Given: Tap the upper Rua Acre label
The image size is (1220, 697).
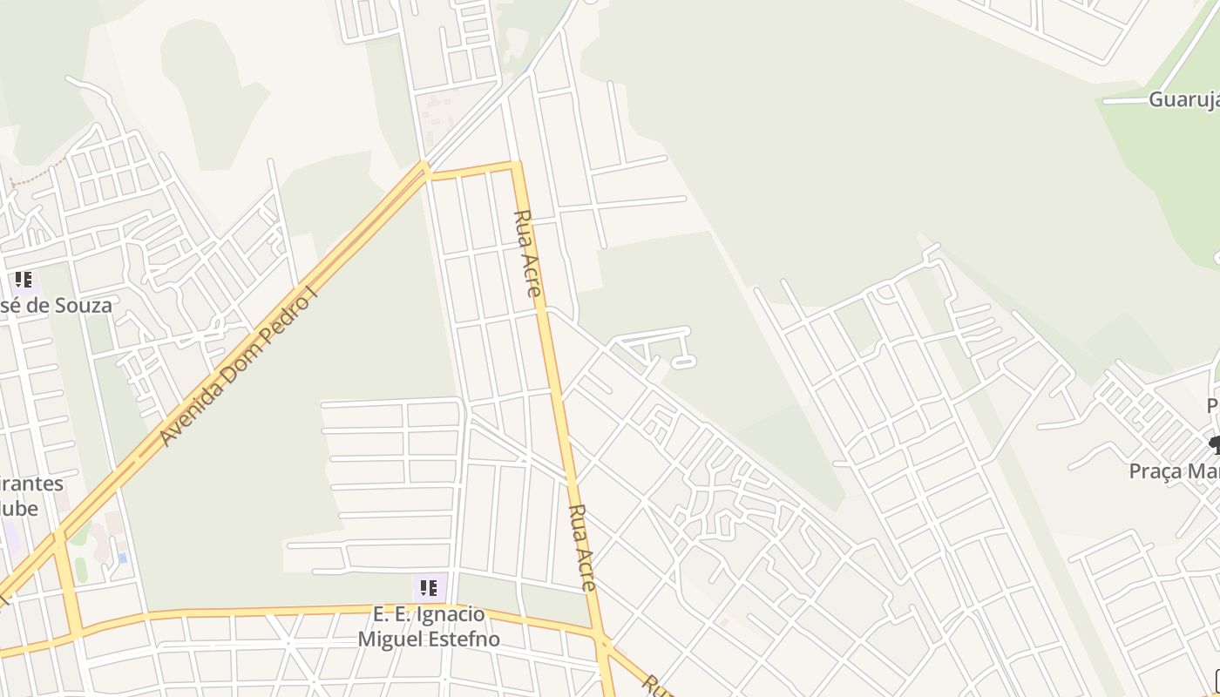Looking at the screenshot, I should (527, 253).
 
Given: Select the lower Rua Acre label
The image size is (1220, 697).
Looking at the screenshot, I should (582, 547).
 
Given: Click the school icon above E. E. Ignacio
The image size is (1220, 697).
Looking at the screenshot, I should (428, 588).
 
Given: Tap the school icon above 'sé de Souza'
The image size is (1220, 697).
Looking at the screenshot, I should (23, 281).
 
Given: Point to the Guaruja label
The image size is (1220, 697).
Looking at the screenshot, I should (1183, 99).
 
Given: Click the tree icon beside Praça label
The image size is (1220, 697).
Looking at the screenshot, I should (1214, 446).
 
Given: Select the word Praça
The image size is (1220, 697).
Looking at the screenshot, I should (1156, 471).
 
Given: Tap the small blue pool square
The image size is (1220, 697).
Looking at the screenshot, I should (123, 557).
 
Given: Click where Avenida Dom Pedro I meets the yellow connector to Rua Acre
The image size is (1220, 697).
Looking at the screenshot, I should (425, 171).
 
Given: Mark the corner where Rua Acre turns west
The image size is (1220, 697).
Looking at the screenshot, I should (517, 163).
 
